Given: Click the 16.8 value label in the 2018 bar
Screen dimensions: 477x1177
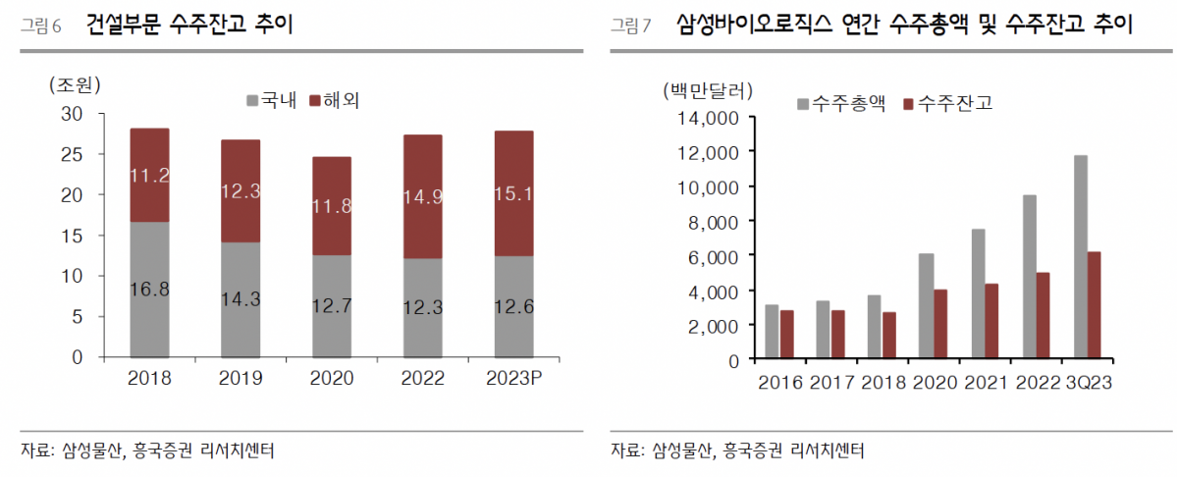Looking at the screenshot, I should coord(149,289).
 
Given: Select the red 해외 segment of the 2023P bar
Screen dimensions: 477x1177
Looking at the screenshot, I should coord(514,193).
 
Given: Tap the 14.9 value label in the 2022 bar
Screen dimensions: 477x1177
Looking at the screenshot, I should coord(423,196).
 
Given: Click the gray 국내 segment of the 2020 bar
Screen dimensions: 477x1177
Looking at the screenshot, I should coord(332,306).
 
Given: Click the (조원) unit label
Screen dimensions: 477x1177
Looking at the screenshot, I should coord(75,85).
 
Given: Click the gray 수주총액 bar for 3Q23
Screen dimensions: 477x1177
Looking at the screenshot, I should coord(1081,257).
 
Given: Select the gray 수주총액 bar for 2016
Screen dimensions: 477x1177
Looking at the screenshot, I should coord(772,332).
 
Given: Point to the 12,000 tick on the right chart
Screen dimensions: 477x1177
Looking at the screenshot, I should coord(712,152).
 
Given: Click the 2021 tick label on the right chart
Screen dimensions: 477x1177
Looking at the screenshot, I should coord(986,382).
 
